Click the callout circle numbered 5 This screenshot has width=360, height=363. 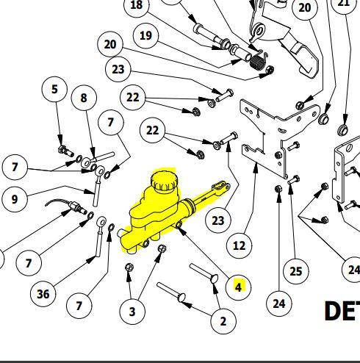[54, 90]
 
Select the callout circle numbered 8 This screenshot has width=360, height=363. [84, 97]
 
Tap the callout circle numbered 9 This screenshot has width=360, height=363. [13, 198]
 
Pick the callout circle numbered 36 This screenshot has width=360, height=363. [43, 294]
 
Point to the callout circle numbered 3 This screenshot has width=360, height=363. [132, 311]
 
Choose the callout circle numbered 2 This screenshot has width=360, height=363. [223, 320]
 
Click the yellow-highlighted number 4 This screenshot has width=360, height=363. [238, 286]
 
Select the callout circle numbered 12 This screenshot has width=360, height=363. [239, 245]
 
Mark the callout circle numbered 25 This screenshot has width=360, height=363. [295, 271]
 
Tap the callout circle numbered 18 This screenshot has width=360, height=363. [136, 6]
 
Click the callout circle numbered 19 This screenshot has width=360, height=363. [145, 35]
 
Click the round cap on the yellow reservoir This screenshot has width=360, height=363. [162, 181]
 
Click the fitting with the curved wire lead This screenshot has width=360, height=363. [73, 211]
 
